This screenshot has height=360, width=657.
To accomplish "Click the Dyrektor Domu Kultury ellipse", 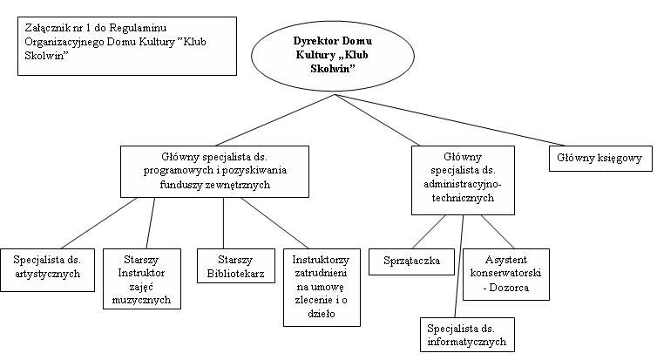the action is (x=332, y=56).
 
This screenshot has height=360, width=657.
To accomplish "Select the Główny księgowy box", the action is (x=600, y=159).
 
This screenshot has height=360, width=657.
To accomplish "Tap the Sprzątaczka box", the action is (x=411, y=262).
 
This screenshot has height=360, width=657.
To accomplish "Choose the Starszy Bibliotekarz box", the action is (x=236, y=266).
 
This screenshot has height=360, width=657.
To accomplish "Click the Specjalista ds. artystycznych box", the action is (x=47, y=270).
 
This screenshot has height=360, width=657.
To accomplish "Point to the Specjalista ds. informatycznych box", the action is (x=467, y=335).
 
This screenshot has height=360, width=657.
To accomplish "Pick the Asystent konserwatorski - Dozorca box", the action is (x=505, y=274).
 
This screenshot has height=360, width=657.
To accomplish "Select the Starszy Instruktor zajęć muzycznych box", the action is (x=142, y=279).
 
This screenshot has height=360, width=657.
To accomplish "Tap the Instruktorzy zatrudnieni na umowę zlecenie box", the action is (x=322, y=288).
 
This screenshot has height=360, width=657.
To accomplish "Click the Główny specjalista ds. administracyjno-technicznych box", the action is (x=463, y=180).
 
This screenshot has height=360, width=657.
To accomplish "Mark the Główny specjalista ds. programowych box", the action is (x=214, y=172).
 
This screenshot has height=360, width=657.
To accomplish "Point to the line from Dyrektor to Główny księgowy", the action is (x=450, y=120).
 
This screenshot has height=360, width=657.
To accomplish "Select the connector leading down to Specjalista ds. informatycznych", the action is (x=459, y=266).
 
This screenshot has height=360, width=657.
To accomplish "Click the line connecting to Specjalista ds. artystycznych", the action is (x=98, y=223).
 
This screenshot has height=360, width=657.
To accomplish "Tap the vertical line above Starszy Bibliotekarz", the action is (x=223, y=223).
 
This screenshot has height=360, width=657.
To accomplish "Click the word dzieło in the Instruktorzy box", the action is (x=322, y=314).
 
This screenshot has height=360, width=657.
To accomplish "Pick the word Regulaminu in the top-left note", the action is (x=138, y=28).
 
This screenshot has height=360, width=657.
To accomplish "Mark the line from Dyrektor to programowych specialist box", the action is (x=274, y=120).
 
